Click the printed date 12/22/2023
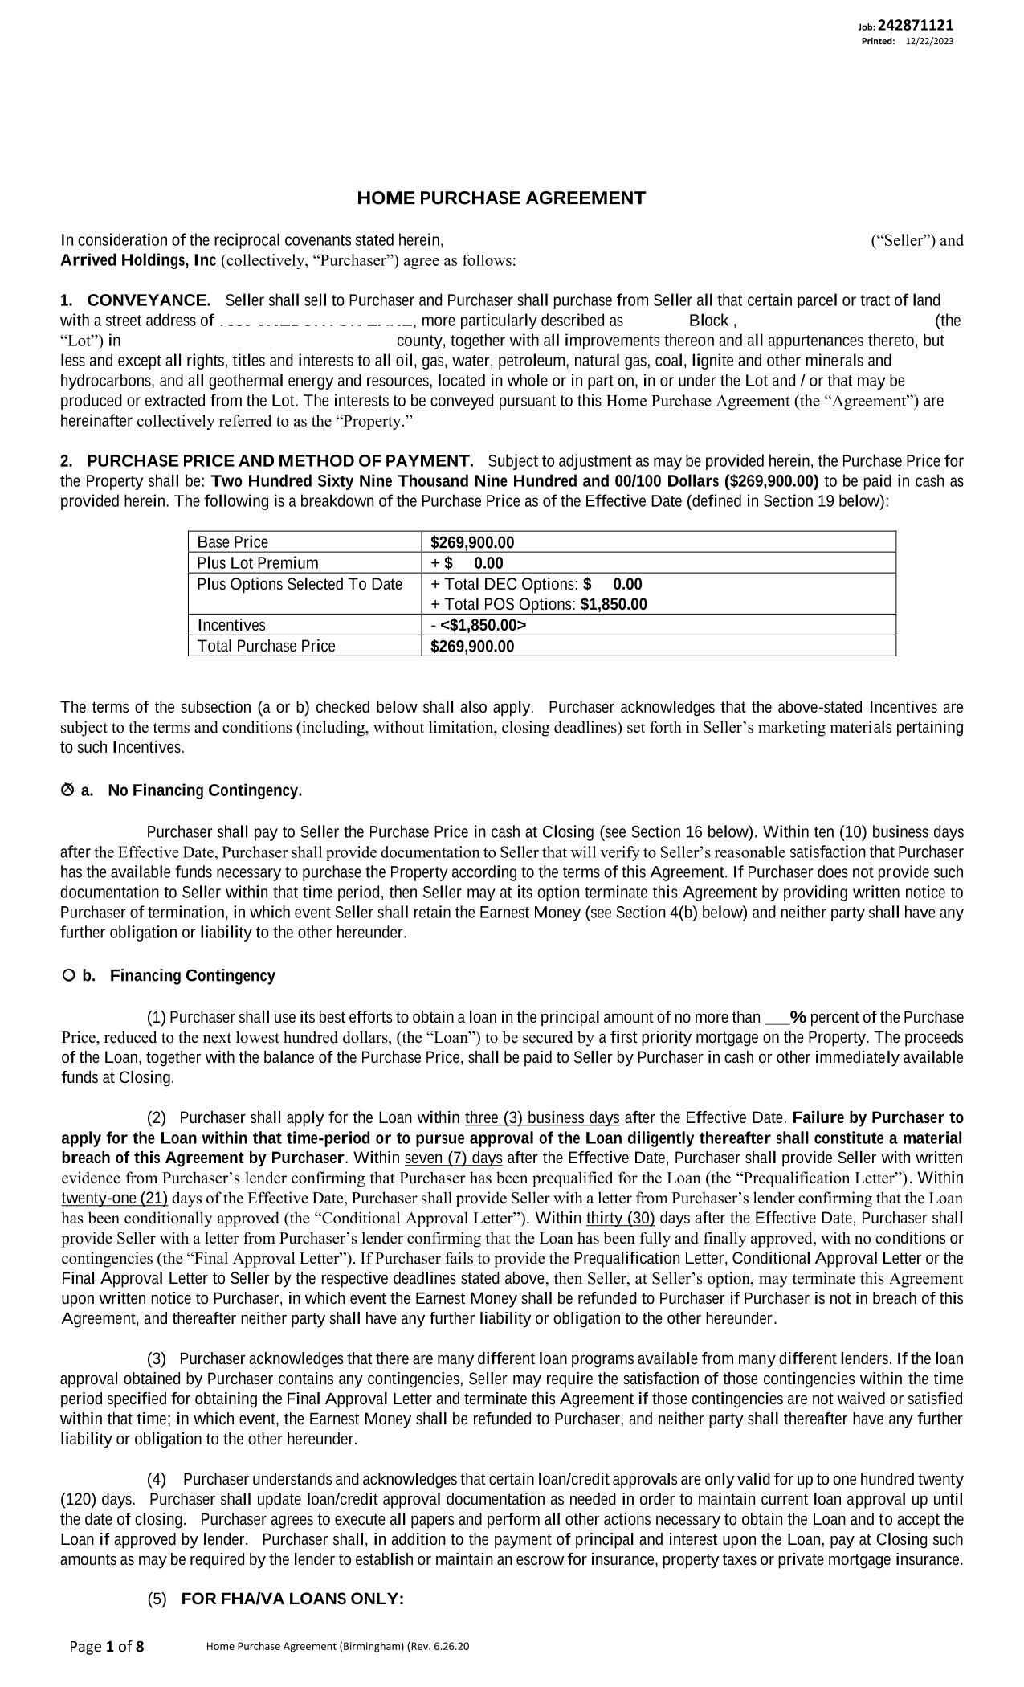pos(929,42)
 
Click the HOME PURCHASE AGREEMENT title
pos(501,198)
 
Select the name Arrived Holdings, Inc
pos(138,260)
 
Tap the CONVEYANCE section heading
pos(149,300)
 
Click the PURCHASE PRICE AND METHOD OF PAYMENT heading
pos(279,461)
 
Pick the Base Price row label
pos(233,542)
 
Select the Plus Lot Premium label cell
pos(258,563)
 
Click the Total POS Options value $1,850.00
pos(614,604)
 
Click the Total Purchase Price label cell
pos(267,646)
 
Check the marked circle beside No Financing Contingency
pos(67,790)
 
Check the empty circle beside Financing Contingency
pos(68,975)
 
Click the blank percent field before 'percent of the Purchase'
pos(776,1018)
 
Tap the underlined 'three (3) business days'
pos(542,1118)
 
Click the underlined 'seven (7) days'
pos(454,1158)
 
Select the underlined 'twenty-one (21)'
pos(114,1199)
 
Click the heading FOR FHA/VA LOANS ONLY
pos(292,1599)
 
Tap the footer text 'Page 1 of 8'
pos(107,1647)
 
